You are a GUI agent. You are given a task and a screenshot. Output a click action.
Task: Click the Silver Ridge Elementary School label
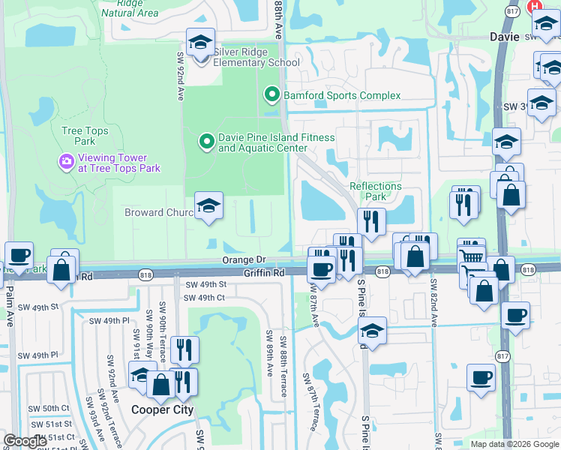point(256,57)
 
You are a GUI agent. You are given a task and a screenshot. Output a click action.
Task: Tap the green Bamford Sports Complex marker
point(271,95)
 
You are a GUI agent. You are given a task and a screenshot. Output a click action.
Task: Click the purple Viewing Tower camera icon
point(66,161)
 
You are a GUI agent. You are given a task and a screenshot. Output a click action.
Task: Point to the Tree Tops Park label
point(85,136)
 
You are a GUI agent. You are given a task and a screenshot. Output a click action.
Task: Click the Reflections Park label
point(375,191)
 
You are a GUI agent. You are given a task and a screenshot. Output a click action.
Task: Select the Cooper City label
point(163,409)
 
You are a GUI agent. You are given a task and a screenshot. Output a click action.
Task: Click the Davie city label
point(505,35)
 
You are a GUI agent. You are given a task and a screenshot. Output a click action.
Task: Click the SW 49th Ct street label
point(205,298)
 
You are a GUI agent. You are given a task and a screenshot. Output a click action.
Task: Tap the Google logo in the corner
point(25,441)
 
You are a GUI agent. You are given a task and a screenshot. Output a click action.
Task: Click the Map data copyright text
point(514,444)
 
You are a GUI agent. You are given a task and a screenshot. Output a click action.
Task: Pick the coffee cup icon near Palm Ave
point(18,255)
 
